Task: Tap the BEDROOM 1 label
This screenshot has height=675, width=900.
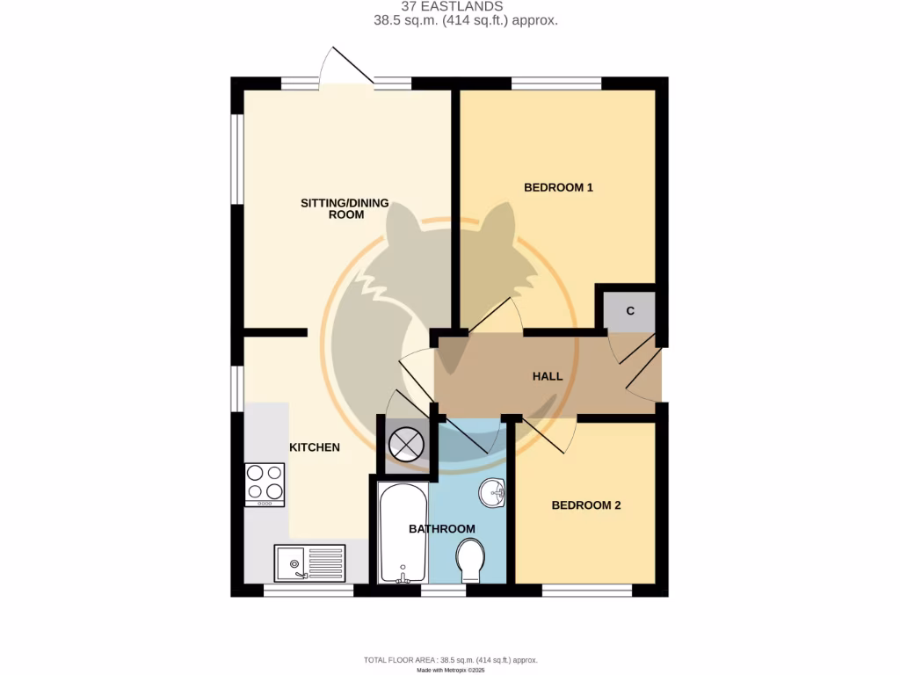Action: [558, 187]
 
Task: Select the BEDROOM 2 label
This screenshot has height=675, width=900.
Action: [586, 505]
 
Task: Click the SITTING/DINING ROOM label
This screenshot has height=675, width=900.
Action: [345, 208]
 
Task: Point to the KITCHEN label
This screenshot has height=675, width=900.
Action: [315, 447]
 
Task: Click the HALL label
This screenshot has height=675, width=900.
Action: [548, 376]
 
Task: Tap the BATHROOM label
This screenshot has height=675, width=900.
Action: [442, 529]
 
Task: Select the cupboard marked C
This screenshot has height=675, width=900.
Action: [630, 311]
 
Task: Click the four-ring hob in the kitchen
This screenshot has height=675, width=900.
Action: [265, 484]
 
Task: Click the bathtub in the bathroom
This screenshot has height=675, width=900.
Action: [403, 533]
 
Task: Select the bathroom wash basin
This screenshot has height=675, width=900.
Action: [493, 493]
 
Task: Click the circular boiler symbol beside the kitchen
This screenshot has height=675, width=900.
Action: [407, 444]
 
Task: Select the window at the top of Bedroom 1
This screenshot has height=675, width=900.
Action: [556, 83]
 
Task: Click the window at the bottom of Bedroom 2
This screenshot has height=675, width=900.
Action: [586, 591]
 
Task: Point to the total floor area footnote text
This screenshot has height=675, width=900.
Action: [450, 659]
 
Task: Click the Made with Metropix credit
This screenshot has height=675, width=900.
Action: [450, 670]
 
